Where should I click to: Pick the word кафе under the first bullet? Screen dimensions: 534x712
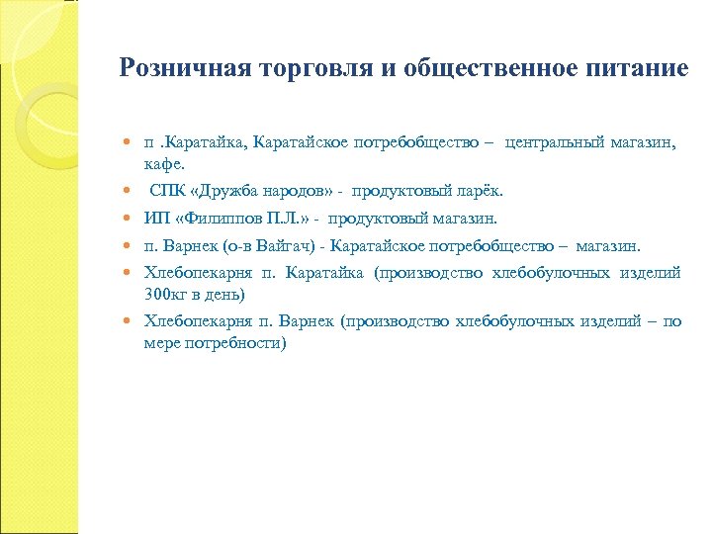tap(162, 163)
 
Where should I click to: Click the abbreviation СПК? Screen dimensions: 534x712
tap(166, 191)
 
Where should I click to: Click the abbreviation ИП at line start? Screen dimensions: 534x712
tap(155, 219)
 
